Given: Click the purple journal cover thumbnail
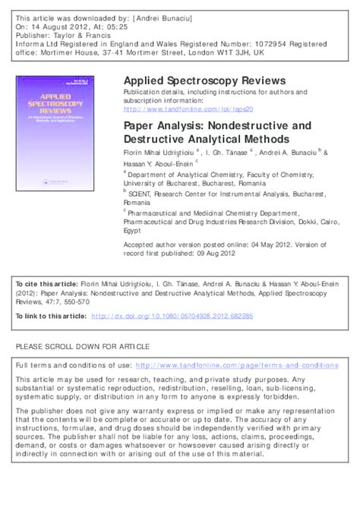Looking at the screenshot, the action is pos(50,131).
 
